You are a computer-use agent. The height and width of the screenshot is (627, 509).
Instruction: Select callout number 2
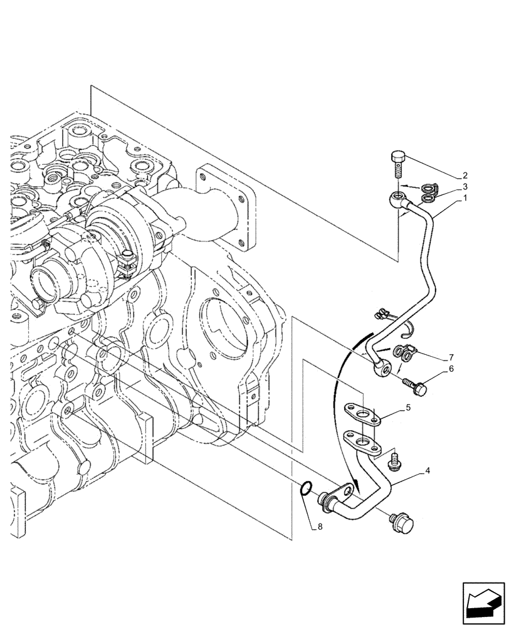pyautogui.click(x=464, y=176)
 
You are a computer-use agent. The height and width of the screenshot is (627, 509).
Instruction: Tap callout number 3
pyautogui.click(x=464, y=187)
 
